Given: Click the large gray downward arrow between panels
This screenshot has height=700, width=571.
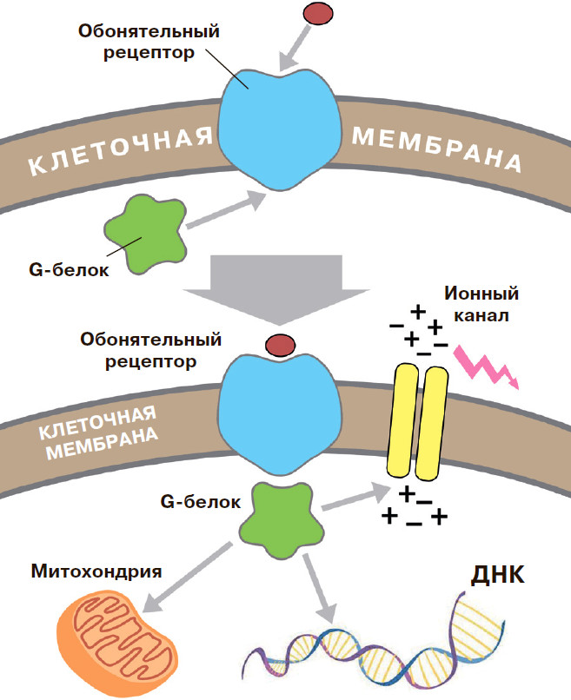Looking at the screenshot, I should click(279, 283).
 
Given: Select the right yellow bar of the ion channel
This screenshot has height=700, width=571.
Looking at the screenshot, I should click(432, 421).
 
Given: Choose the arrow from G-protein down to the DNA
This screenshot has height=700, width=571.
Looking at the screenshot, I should click(316, 586).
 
